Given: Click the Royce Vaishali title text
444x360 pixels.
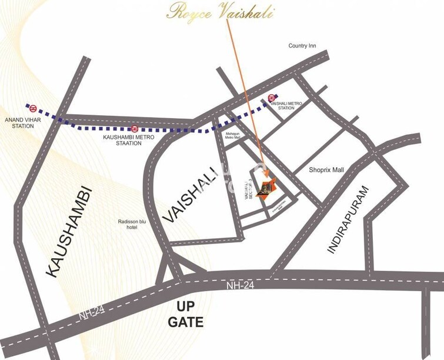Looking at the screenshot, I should pyautogui.click(x=220, y=12).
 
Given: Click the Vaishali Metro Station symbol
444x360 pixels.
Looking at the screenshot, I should pyautogui.click(x=272, y=98).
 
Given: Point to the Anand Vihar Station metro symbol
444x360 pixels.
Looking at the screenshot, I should pyautogui.click(x=34, y=108).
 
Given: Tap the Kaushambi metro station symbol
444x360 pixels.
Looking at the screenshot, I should pyautogui.click(x=135, y=128).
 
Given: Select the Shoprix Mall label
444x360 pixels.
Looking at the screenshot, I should pyautogui.click(x=326, y=170).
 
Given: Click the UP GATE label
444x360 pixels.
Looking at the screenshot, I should pyautogui.click(x=185, y=314).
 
